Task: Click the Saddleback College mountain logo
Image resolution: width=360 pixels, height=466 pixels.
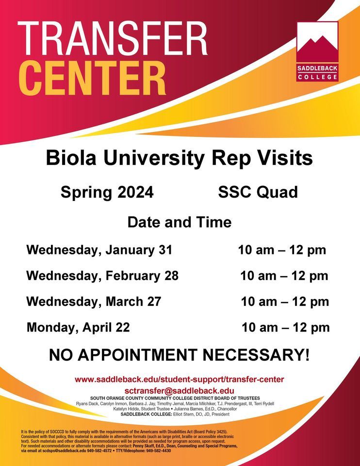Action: pos(317,50)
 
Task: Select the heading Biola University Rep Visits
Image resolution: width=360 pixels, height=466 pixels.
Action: pos(180,159)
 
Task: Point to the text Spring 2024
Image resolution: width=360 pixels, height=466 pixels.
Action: pos(107,192)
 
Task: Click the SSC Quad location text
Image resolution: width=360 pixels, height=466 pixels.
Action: pos(258,192)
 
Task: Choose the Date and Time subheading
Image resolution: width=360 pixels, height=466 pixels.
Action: pos(180,222)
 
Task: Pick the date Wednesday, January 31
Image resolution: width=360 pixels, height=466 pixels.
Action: pos(99,250)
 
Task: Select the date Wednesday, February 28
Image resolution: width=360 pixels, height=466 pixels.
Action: pos(102,276)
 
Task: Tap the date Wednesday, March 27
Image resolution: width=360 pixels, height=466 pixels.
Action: pos(94,301)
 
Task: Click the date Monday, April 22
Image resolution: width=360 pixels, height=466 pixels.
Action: pos(78,327)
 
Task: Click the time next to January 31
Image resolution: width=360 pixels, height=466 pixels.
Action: pos(282,250)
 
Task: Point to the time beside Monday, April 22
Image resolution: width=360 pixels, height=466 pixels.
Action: pos(285,327)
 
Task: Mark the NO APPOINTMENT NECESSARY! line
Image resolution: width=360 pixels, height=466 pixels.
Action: pos(179,355)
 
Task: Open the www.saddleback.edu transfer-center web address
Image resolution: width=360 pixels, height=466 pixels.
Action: pos(180,379)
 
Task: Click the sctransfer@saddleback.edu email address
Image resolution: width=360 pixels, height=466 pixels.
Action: pos(180,390)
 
